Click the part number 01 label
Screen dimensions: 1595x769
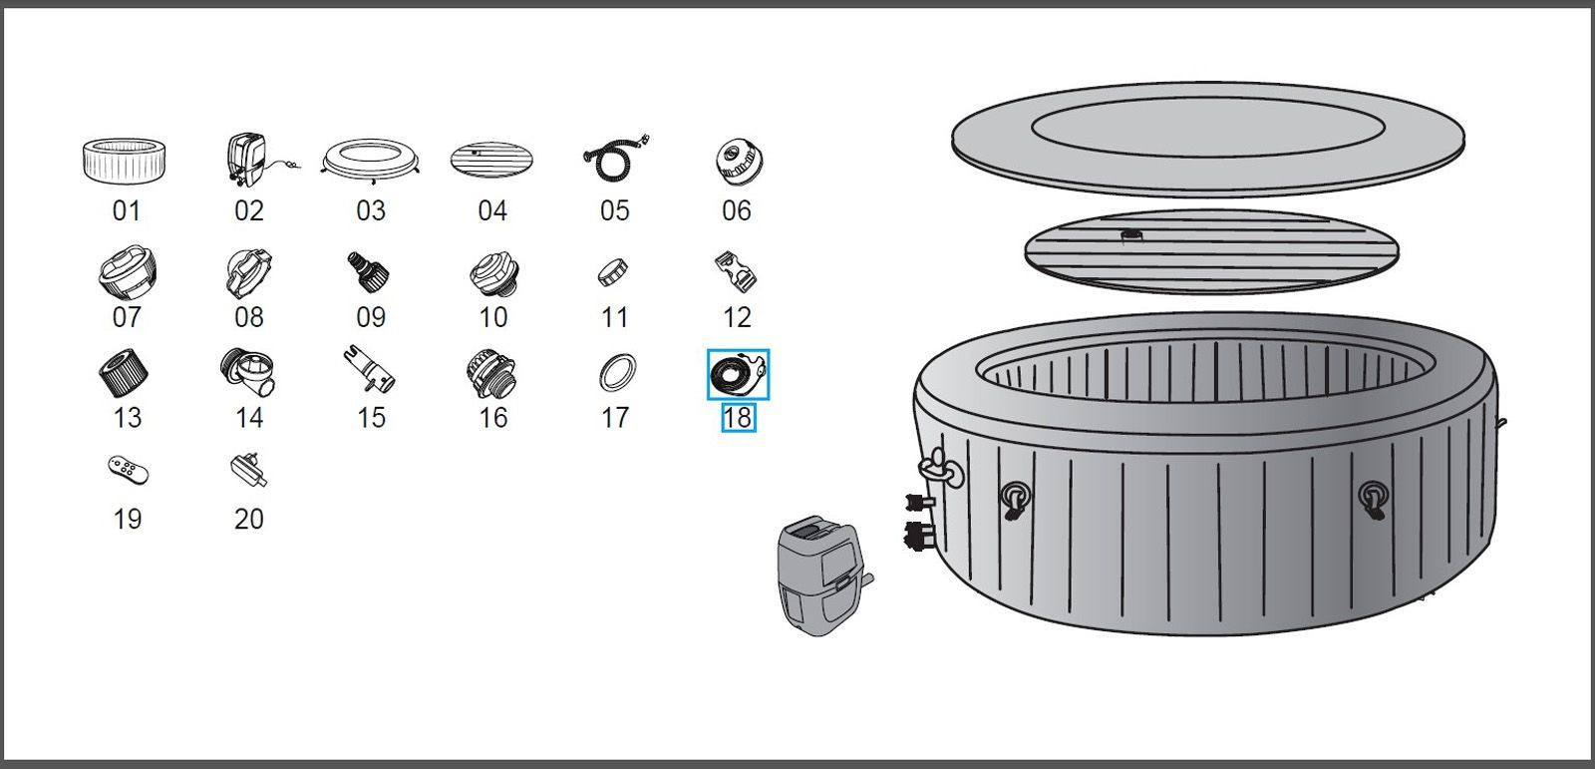pyautogui.click(x=127, y=211)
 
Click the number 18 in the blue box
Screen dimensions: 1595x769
pyautogui.click(x=739, y=418)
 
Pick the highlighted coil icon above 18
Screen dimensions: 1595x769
pyautogui.click(x=739, y=373)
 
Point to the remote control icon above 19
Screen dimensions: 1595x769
pyautogui.click(x=129, y=471)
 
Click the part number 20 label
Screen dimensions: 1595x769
pyautogui.click(x=249, y=519)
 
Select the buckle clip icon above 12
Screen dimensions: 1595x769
pyautogui.click(x=737, y=271)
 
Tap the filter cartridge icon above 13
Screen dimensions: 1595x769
pyautogui.click(x=124, y=372)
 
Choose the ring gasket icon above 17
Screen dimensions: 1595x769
pyautogui.click(x=617, y=372)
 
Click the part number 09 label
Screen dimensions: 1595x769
pyautogui.click(x=371, y=317)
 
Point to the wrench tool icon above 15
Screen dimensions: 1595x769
pyautogui.click(x=370, y=369)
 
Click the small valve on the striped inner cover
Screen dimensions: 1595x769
pyautogui.click(x=1131, y=234)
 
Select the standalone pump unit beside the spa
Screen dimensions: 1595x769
pyautogui.click(x=823, y=575)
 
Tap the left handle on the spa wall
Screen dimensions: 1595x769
pyautogui.click(x=1015, y=499)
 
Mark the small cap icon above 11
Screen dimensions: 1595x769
pyautogui.click(x=613, y=273)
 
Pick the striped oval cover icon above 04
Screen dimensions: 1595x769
pyautogui.click(x=491, y=160)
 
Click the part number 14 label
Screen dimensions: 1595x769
pyautogui.click(x=249, y=418)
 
